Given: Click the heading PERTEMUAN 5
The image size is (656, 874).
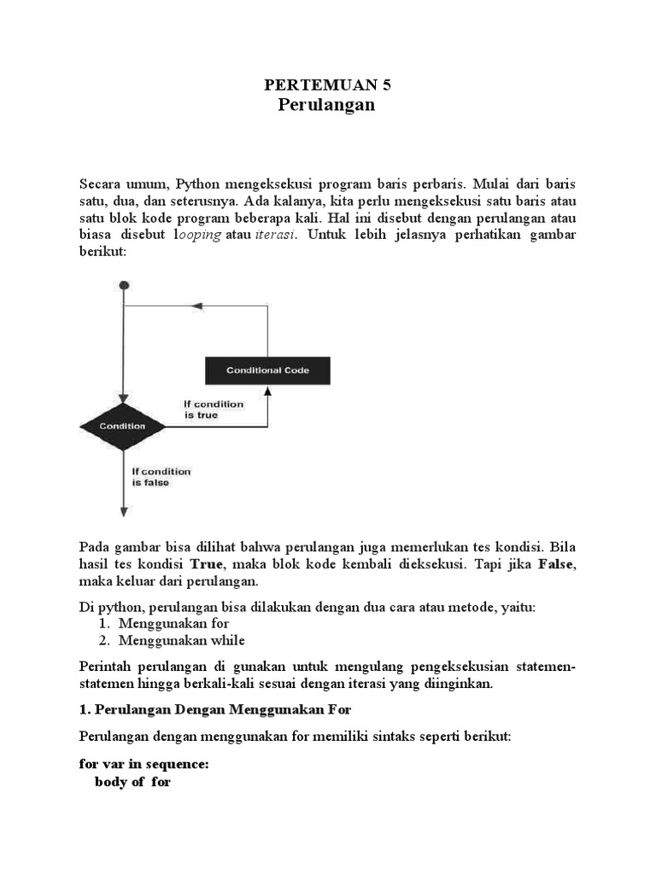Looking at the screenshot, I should [x=327, y=84].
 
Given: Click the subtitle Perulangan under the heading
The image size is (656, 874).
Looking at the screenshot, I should [x=327, y=105].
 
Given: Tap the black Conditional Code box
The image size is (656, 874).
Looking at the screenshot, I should [x=267, y=370].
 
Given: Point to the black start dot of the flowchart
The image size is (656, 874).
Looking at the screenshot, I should [x=124, y=284].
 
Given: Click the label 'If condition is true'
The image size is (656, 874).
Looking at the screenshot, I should [x=214, y=410].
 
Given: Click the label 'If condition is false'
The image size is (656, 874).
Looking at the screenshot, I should [x=161, y=476].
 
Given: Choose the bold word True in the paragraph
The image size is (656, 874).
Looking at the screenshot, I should [x=205, y=564].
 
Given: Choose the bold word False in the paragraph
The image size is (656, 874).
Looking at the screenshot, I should [x=557, y=564].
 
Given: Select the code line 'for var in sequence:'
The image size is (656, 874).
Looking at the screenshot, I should [x=143, y=765].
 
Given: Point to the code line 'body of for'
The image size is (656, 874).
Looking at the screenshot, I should [x=132, y=782].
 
